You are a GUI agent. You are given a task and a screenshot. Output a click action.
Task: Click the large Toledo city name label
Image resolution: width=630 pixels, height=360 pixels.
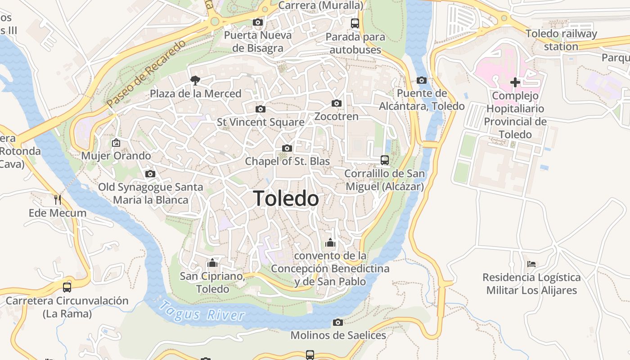286,198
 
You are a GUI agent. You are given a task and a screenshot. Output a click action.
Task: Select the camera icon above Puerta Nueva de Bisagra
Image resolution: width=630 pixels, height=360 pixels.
257,22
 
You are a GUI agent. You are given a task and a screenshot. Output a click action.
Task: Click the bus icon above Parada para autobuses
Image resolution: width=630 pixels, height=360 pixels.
355,23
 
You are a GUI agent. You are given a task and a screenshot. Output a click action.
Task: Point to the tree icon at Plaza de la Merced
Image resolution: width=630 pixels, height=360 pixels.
195,80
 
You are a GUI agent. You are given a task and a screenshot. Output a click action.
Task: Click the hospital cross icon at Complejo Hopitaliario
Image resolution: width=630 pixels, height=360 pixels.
515,82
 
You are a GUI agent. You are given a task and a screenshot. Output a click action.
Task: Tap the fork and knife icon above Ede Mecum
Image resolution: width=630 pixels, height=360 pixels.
58,199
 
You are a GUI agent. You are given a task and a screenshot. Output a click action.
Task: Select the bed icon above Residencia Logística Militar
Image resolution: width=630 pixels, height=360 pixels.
531,264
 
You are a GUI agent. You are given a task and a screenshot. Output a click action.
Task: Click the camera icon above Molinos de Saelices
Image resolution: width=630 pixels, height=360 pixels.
338,322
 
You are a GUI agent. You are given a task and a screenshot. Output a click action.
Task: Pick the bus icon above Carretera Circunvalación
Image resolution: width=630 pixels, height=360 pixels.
67,287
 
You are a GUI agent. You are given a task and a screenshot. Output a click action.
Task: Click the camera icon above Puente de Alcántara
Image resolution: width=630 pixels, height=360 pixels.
422,80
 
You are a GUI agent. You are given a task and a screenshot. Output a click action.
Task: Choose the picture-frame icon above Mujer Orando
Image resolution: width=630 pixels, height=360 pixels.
116,143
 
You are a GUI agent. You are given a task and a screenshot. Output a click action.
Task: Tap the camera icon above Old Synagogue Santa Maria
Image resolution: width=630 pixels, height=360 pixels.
150,174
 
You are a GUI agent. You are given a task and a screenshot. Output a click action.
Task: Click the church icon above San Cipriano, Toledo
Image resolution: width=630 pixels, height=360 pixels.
212,262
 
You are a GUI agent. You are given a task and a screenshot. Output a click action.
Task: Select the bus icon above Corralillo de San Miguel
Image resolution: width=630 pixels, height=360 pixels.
384,160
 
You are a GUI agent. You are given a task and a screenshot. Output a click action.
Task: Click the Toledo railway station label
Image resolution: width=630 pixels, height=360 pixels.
561,40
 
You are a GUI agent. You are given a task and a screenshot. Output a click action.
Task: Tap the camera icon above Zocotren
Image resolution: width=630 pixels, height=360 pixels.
336,103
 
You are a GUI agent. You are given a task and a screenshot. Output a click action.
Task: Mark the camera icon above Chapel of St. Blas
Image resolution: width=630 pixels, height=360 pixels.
287,148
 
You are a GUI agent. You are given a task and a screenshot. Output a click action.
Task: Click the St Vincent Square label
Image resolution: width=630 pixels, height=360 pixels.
261,122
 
